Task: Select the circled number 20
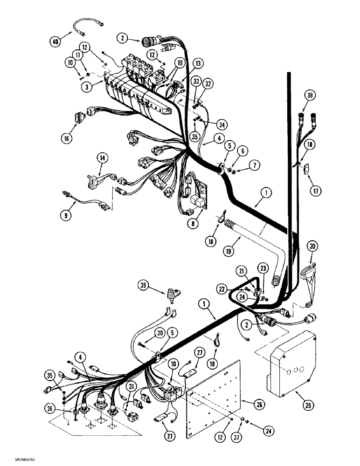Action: (312, 246)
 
